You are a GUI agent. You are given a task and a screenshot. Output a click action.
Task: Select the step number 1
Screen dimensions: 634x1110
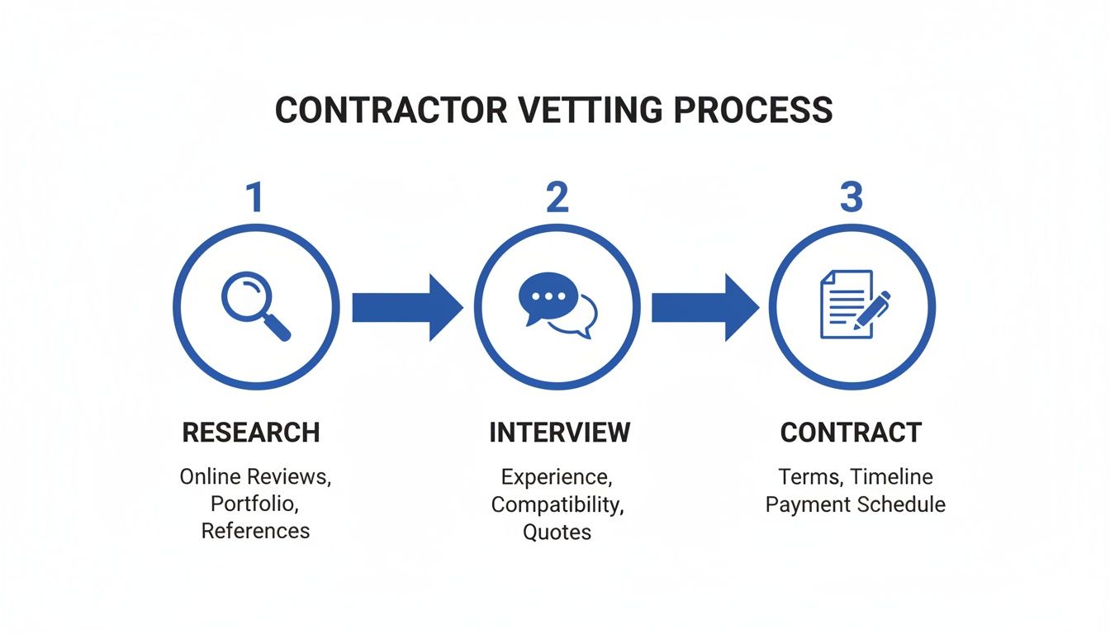click(255, 198)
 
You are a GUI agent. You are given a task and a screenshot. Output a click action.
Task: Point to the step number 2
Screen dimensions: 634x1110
click(557, 198)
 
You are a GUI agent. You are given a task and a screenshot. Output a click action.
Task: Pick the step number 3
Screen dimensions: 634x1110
click(851, 198)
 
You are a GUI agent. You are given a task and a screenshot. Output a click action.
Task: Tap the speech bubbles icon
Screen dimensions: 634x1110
click(557, 306)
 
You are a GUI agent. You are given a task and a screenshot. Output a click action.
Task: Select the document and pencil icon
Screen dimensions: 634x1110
click(853, 305)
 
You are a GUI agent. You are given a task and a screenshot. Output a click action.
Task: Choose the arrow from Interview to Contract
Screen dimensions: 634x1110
click(704, 307)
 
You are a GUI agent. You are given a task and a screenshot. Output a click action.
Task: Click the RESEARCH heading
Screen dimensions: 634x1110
click(251, 433)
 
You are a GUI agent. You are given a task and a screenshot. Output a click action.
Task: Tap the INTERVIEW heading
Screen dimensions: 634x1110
click(559, 433)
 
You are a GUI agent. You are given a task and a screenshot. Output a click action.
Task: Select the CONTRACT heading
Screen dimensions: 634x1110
click(851, 433)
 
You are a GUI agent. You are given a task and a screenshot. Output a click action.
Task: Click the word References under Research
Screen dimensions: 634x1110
click(255, 531)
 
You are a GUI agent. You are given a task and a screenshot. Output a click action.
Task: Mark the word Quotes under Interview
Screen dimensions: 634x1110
click(557, 532)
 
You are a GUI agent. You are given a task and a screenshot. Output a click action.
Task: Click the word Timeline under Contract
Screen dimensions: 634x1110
click(891, 476)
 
